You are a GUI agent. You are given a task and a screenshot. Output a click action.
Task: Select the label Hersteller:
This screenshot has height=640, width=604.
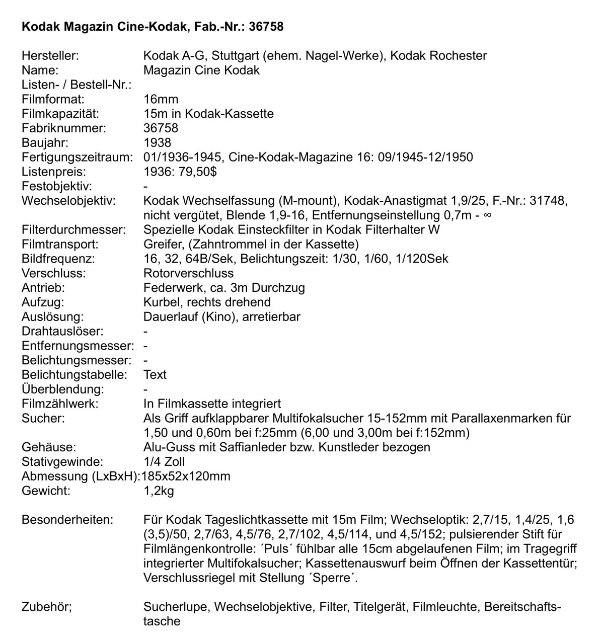point(50,56)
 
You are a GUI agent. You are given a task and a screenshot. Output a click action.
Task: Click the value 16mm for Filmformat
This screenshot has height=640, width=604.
point(161,99)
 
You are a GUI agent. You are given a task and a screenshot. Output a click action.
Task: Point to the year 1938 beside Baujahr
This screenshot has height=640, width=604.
point(157,143)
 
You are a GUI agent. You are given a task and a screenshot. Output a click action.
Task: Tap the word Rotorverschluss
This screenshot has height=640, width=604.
point(188,274)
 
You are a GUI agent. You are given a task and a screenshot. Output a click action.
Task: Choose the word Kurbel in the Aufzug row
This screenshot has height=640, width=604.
point(161,302)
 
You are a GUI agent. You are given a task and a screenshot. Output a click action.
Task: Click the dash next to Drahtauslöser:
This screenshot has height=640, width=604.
point(145,332)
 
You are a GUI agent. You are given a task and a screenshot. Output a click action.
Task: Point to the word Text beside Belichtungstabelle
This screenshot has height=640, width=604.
point(155,375)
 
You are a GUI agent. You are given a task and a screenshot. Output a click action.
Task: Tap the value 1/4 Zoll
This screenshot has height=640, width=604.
point(164,461)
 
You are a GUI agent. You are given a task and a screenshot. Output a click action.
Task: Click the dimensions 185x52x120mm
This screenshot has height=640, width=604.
point(186,476)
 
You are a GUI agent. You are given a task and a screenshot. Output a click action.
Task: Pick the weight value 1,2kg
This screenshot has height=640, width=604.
point(159,491)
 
